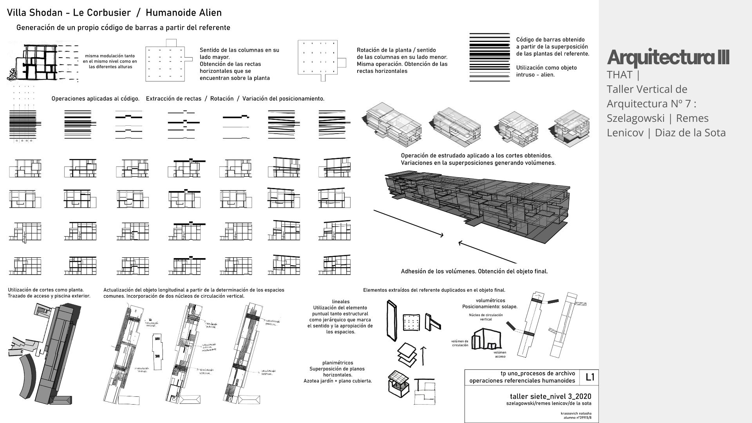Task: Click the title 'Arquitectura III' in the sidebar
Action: (x=668, y=58)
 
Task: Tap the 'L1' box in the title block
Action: (x=590, y=377)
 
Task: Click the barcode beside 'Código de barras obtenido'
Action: (x=490, y=57)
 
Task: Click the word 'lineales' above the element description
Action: (x=340, y=302)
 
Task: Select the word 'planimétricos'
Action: (x=338, y=363)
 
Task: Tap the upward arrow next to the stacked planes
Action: (x=423, y=355)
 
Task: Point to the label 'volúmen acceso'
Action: (x=500, y=354)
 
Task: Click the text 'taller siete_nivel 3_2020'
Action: (x=550, y=396)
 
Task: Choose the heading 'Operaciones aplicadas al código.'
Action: (x=95, y=99)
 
